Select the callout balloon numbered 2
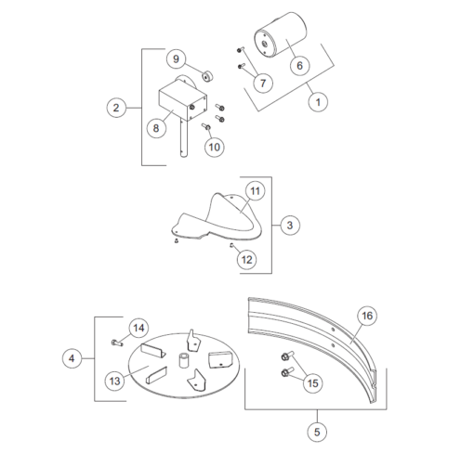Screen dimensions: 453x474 coord(116,108)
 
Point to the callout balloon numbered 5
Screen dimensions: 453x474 coord(318,432)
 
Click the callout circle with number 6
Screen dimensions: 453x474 coord(298,66)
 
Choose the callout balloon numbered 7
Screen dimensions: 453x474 coord(262,83)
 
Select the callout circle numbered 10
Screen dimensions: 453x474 coord(214,147)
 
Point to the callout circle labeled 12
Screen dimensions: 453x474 coord(246,260)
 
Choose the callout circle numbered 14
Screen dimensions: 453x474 coord(138,328)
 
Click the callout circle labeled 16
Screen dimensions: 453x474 coord(367,316)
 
